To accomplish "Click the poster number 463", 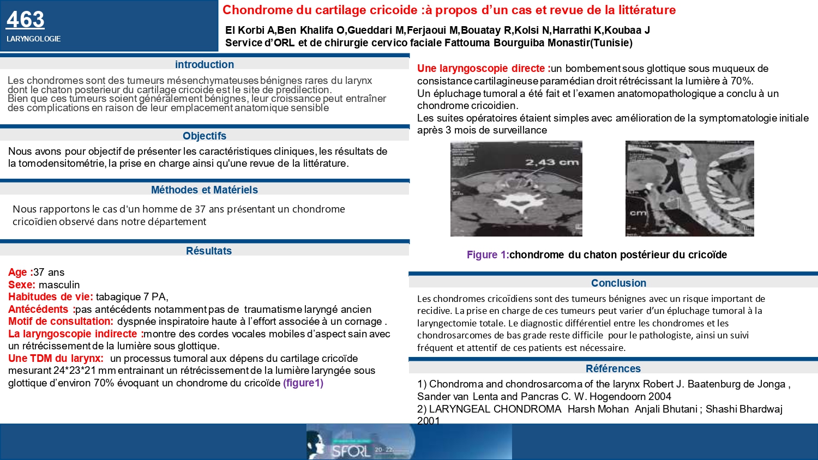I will tap(25, 20).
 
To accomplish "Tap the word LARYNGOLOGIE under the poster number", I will tap(33, 39).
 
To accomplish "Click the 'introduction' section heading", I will tap(204, 64).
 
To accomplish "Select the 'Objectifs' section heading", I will tap(204, 136).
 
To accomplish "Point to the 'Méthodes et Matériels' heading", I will tap(204, 190).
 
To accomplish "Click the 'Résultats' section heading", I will tap(209, 251).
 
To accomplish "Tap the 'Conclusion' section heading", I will tap(618, 283).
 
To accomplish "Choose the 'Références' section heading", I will tap(613, 368).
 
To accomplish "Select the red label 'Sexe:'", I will tap(22, 285).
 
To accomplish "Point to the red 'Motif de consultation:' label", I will tap(61, 322).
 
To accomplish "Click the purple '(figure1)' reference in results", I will tap(303, 383).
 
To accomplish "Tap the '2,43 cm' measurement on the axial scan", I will tap(552, 162).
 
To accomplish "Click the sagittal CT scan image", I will tap(689, 189).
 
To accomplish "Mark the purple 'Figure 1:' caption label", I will tap(487, 255).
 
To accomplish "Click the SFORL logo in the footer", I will tap(351, 450).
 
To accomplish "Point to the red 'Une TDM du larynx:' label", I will tap(56, 358).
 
